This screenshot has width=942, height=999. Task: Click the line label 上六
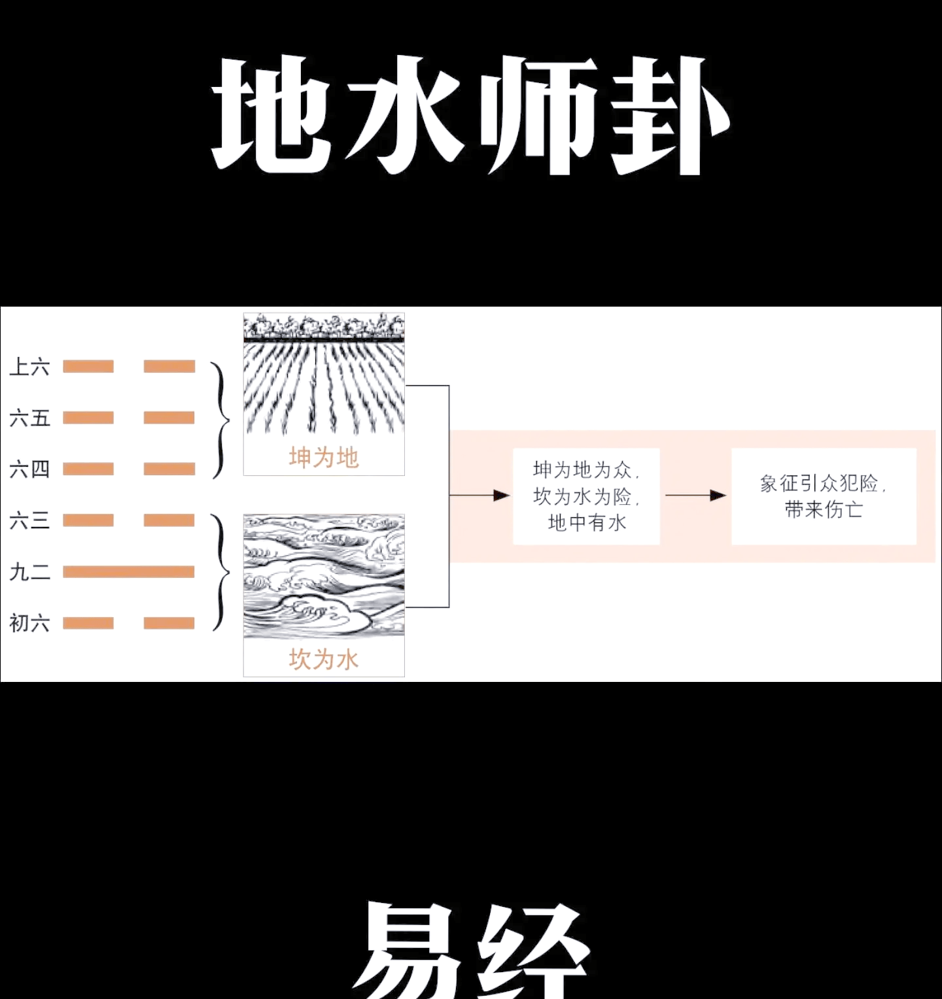tap(29, 367)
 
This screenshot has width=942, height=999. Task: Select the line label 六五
tap(29, 418)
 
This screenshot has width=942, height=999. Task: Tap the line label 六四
tap(29, 469)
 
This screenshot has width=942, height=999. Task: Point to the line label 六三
tap(29, 520)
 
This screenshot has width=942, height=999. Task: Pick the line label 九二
tap(29, 572)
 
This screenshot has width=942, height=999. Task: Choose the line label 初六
tap(29, 623)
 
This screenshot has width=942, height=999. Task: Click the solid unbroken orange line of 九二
tap(129, 572)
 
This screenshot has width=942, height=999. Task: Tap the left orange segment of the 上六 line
tap(88, 366)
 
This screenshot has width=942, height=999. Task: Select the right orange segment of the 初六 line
tap(169, 623)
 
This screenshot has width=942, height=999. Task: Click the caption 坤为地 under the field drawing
tap(324, 458)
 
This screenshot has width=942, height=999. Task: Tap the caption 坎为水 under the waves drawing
tap(324, 659)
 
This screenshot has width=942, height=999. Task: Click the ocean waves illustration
tap(324, 576)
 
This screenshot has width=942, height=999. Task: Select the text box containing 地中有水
tap(586, 496)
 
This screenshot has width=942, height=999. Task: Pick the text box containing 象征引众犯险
tap(824, 496)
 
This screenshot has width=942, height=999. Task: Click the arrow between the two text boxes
tap(696, 496)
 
